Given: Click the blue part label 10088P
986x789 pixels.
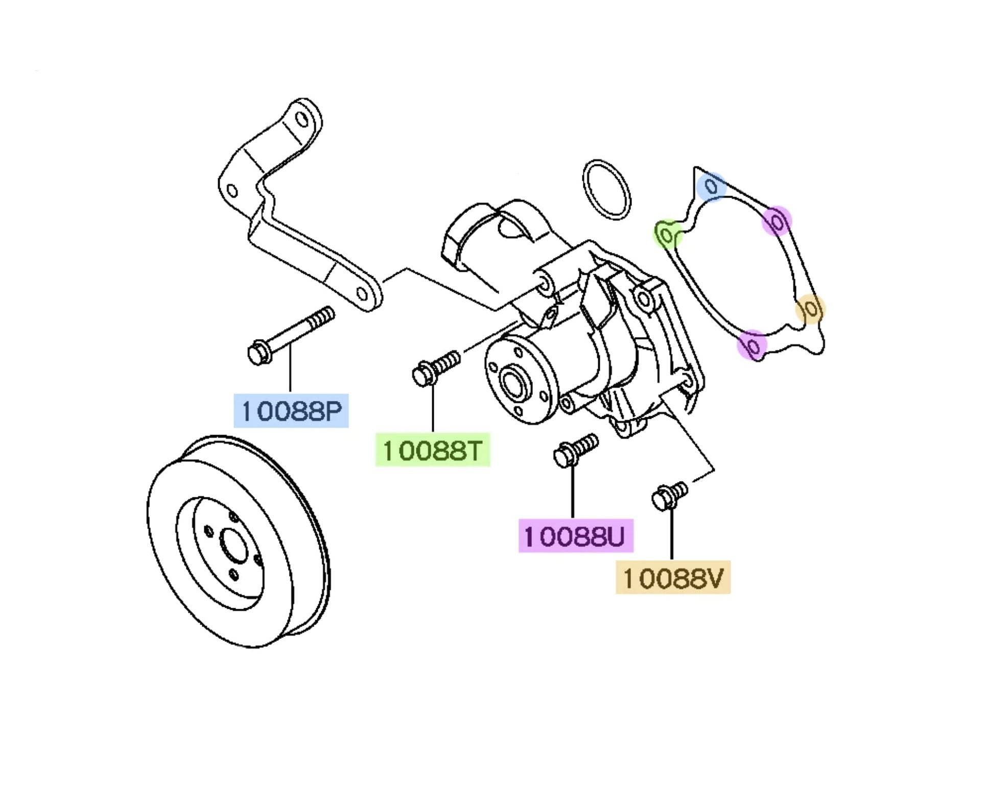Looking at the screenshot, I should click(x=291, y=411).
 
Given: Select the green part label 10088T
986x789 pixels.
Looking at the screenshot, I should click(x=432, y=450).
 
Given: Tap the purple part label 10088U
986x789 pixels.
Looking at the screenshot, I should click(x=575, y=536).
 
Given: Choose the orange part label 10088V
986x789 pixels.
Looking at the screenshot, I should click(x=673, y=578).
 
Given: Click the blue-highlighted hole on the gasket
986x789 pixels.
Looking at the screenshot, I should click(x=711, y=187).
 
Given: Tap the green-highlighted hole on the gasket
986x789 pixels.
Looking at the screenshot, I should click(x=666, y=234).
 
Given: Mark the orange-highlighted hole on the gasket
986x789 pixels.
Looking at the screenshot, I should click(x=810, y=308).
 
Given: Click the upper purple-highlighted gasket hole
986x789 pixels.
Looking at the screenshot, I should click(x=777, y=221).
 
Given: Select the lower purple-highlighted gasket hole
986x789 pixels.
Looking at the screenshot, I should click(x=753, y=345).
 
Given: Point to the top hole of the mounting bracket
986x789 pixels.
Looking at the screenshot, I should click(x=302, y=120).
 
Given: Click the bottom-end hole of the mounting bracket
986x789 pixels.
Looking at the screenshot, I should click(x=362, y=294).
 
